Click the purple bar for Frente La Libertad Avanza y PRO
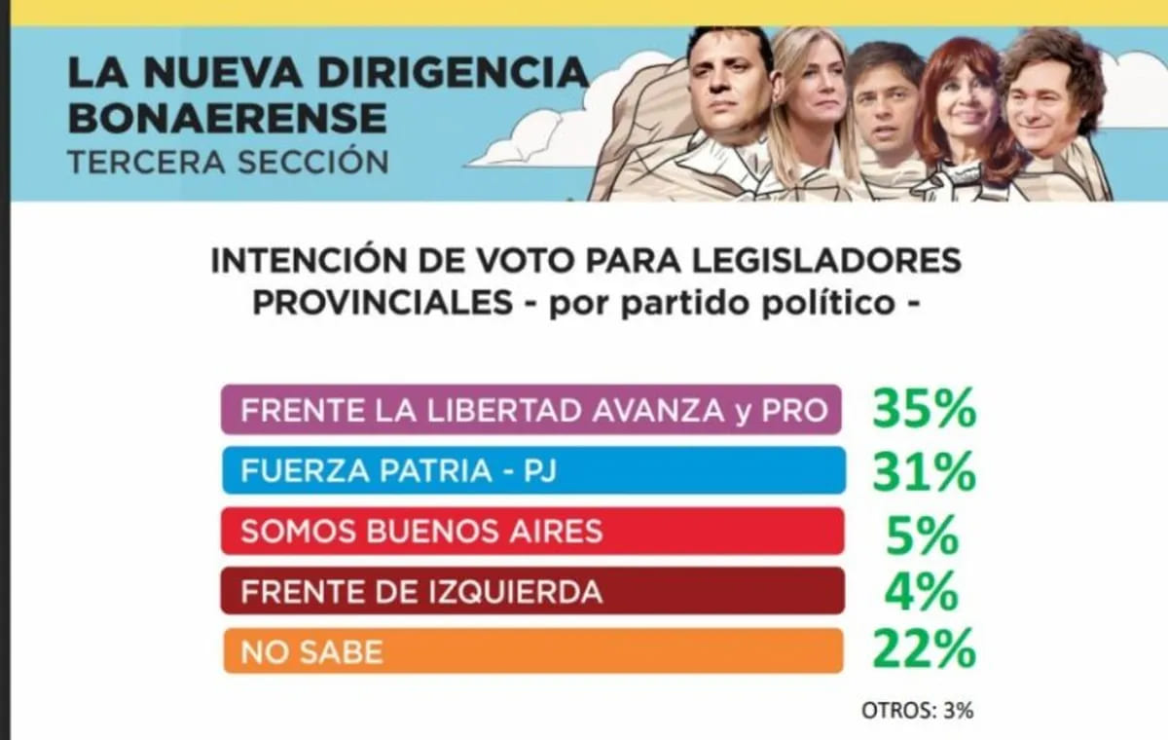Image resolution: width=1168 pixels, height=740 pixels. pos(531,410)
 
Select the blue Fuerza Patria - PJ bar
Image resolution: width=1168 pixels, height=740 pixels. pos(531,471)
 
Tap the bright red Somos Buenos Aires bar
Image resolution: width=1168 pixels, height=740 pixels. pos(531,532)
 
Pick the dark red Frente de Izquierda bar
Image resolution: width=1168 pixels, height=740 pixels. pos(531,592)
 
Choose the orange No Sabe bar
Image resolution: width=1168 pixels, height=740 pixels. pos(531,651)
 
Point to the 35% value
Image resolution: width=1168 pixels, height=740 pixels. pos(923,410)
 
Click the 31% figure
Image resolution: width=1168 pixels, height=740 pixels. pos(923,472)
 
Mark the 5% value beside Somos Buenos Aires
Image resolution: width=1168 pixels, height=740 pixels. pos(923,534)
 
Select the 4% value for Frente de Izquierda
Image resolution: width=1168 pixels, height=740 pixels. pos(923,592)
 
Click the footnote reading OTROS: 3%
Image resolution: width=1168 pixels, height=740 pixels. pos(917,710)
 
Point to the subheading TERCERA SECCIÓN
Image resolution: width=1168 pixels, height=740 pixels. pos(228,160)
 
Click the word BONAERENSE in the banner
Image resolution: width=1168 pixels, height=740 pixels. pos(228,118)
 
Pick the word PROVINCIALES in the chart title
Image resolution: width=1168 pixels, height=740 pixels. pos(383,302)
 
